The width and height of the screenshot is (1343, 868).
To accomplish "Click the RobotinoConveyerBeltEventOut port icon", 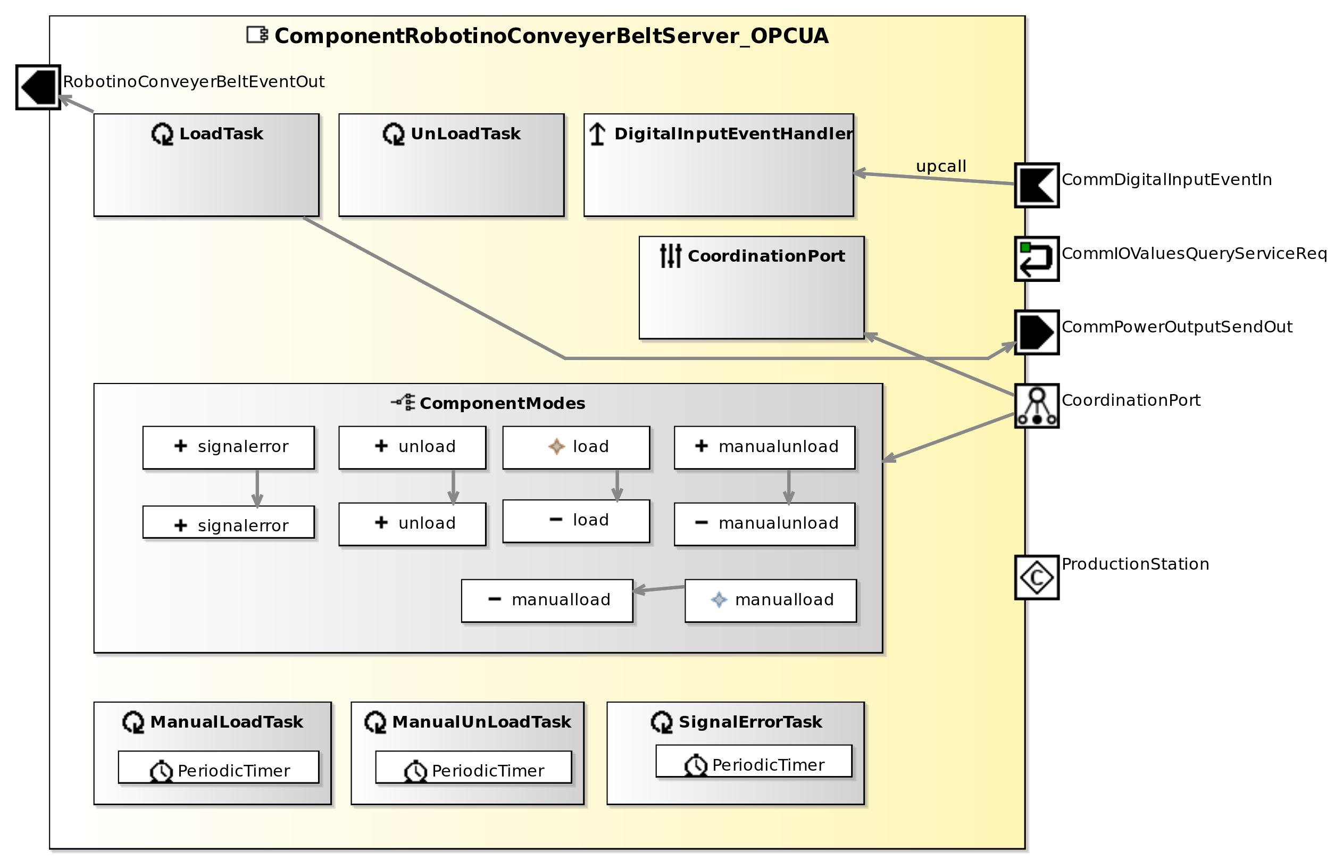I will (38, 87).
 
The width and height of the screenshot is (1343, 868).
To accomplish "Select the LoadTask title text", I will (221, 134).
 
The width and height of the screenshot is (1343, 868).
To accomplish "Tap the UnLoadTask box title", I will (465, 134).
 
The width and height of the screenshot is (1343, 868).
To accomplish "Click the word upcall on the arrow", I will (940, 166).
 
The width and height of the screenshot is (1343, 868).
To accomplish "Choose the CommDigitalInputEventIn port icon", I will (1037, 186).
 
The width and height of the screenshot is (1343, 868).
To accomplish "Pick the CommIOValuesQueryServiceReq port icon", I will (1037, 258).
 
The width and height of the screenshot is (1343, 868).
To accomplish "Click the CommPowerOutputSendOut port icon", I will (1037, 332).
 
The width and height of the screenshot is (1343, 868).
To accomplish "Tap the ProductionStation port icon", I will (1037, 578).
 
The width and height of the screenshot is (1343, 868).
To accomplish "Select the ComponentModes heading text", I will (502, 404).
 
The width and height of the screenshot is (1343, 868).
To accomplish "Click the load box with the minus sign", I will (575, 521).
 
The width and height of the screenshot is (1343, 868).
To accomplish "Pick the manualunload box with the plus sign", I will (764, 447).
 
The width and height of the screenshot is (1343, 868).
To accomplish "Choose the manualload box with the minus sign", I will (547, 601).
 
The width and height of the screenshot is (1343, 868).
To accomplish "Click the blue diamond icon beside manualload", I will (719, 600).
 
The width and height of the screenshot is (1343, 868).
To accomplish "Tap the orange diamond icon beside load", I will (556, 446).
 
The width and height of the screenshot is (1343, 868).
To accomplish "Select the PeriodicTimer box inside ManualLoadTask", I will (218, 767).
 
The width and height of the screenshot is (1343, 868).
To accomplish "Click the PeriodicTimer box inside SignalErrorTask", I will (754, 762).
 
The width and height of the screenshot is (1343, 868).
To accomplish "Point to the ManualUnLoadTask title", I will (481, 722).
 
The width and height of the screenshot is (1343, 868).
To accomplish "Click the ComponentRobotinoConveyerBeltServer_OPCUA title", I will (551, 36).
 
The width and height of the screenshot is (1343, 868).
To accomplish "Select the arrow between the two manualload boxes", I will (659, 589).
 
